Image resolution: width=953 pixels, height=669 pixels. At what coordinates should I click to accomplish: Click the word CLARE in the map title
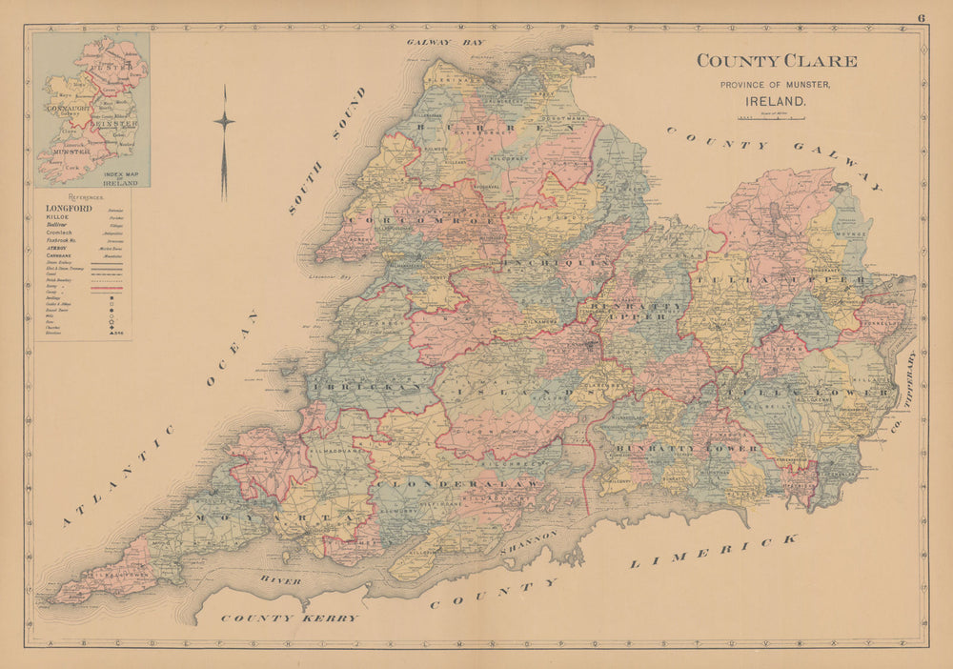click(x=821, y=61)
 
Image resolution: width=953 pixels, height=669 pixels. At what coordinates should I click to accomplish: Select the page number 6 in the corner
click(x=922, y=17)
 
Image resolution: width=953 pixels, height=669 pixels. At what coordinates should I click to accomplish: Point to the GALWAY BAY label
click(x=445, y=43)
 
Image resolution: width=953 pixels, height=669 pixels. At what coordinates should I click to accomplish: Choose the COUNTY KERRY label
click(x=290, y=618)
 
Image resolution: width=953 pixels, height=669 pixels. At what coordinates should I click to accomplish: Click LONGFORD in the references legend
click(x=69, y=208)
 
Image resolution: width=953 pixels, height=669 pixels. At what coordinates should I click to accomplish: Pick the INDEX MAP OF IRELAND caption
click(x=120, y=178)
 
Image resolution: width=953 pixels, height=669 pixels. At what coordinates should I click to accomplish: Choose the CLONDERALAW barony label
click(x=458, y=484)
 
